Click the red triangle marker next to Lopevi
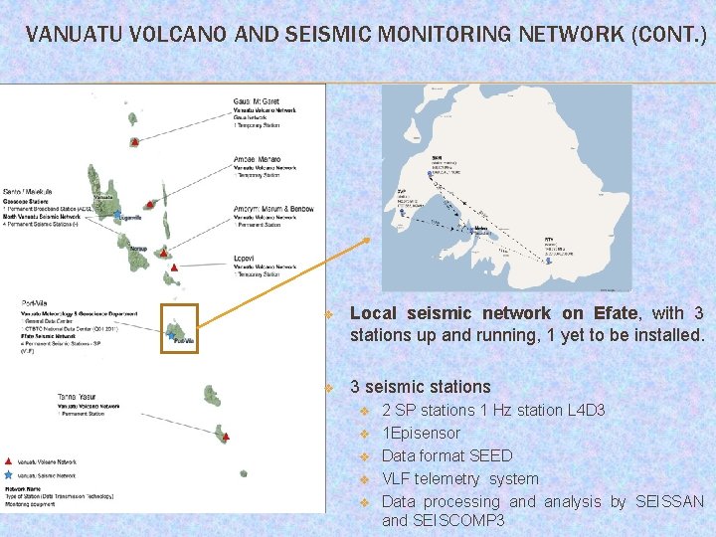click(175, 268)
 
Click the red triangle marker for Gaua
click(134, 142)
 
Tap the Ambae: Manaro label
click(257, 159)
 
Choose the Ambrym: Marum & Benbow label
click(272, 209)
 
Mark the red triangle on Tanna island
click(228, 437)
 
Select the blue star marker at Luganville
click(117, 214)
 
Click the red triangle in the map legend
click(9, 462)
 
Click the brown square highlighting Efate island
click(180, 328)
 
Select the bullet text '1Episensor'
click(421, 433)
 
